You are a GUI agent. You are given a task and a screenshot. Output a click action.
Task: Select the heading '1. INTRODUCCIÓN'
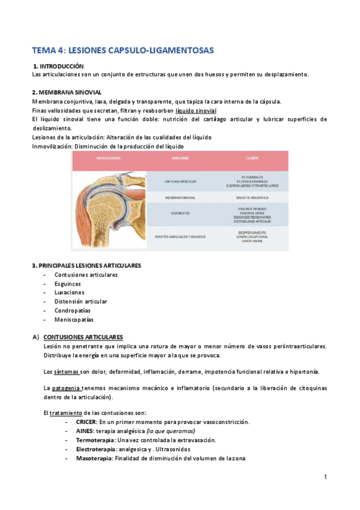pyautogui.click(x=59, y=66)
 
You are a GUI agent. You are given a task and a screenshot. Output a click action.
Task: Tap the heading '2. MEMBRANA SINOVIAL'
pyautogui.click(x=66, y=93)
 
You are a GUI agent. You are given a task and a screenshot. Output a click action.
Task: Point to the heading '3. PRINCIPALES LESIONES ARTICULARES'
pyautogui.click(x=86, y=265)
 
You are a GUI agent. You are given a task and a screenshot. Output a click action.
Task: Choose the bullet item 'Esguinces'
pyautogui.click(x=69, y=284)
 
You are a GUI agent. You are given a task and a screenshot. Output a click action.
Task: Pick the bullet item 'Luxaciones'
pyautogui.click(x=70, y=292)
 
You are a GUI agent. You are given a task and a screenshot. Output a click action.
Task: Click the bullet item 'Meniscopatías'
pyautogui.click(x=74, y=319)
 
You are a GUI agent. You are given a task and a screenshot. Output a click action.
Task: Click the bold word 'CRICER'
pyautogui.click(x=87, y=422)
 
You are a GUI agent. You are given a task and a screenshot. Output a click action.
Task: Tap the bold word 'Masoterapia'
pyautogui.click(x=94, y=458)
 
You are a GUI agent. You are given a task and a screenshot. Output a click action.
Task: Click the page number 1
pyautogui.click(x=325, y=478)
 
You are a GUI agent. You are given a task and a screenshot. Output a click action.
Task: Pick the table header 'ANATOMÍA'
pyautogui.click(x=180, y=158)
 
